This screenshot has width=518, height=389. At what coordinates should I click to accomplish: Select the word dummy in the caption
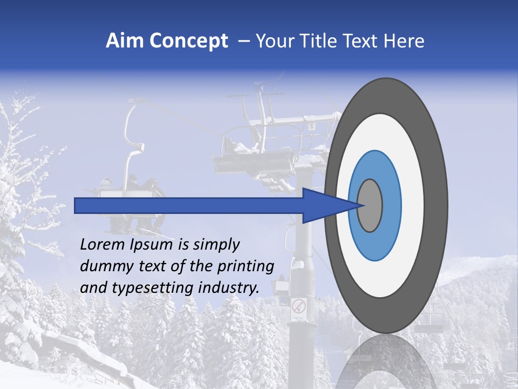coord(104,266)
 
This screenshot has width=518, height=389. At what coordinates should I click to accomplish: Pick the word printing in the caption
coord(246,267)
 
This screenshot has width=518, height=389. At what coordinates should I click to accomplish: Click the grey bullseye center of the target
coord(370,205)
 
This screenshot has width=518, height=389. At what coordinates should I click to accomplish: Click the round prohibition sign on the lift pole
coord(298,307)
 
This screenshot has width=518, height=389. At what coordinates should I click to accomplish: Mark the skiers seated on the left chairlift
coord(129,186)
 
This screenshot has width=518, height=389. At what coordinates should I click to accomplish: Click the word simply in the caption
coord(216,245)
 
